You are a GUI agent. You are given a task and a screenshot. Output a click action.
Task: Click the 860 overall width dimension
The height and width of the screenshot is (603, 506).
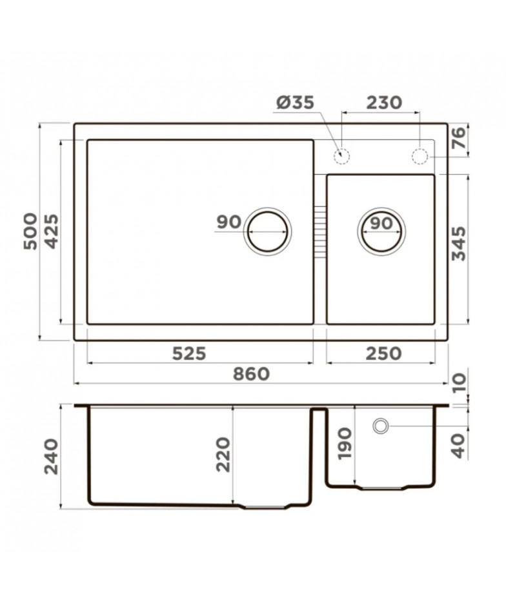click(251, 374)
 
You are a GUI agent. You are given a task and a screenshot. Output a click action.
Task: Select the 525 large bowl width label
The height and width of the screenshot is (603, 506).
click(189, 353)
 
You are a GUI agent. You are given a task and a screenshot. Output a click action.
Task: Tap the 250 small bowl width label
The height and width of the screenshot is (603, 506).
click(383, 353)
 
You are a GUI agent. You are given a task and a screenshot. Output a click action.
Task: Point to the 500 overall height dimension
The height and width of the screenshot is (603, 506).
click(31, 232)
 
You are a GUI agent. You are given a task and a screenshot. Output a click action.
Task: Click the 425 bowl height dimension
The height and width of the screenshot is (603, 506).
click(51, 232)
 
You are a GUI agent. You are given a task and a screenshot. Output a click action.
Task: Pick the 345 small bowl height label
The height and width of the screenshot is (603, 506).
click(459, 244)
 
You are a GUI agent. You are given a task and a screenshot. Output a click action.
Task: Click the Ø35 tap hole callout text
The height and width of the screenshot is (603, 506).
click(296, 103)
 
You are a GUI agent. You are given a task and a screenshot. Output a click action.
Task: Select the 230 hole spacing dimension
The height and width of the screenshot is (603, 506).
click(384, 103)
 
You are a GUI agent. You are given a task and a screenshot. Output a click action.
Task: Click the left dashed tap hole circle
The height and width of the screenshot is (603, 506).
click(341, 157)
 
